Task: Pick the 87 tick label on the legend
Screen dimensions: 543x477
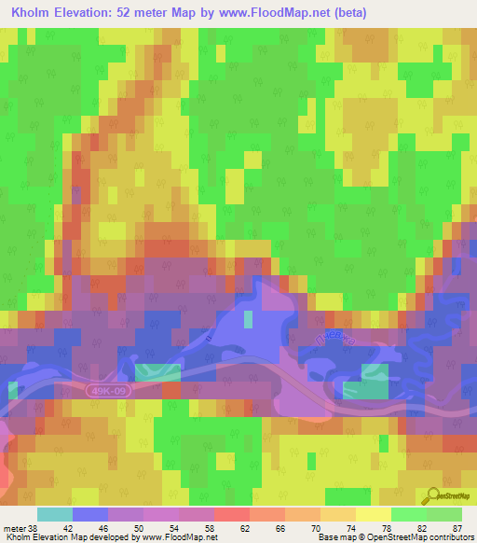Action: pyautogui.click(x=457, y=527)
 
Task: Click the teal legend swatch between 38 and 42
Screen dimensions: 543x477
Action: pyautogui.click(x=55, y=514)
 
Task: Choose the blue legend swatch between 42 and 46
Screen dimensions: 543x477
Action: pyautogui.click(x=90, y=514)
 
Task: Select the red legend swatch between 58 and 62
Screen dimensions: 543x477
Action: pyautogui.click(x=232, y=514)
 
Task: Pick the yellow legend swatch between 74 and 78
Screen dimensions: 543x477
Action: pyautogui.click(x=374, y=514)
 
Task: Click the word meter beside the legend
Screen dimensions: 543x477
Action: pyautogui.click(x=13, y=527)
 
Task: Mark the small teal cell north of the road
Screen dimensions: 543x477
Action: pyautogui.click(x=248, y=319)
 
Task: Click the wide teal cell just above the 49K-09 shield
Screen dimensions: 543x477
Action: pyautogui.click(x=158, y=372)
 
